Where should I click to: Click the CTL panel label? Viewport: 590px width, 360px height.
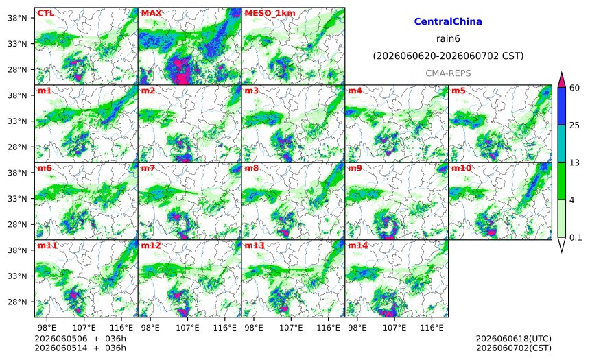pyautogui.click(x=45, y=13)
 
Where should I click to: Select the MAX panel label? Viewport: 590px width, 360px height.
pyautogui.click(x=151, y=13)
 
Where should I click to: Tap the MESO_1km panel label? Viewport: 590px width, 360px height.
pyautogui.click(x=270, y=13)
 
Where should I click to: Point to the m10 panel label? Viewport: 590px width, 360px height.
pyautogui.click(x=461, y=168)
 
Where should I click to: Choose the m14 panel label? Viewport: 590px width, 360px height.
pyautogui.click(x=357, y=245)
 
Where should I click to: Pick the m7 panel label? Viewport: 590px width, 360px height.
pyautogui.click(x=148, y=168)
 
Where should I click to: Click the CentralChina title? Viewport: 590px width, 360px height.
pyautogui.click(x=448, y=21)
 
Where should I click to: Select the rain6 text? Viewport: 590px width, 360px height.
pyautogui.click(x=448, y=39)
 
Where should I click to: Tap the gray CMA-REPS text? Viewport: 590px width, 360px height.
pyautogui.click(x=448, y=73)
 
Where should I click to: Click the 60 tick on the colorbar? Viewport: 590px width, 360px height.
pyautogui.click(x=574, y=88)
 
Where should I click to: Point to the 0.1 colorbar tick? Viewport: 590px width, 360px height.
pyautogui.click(x=576, y=237)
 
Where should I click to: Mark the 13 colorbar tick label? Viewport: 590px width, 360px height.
pyautogui.click(x=574, y=163)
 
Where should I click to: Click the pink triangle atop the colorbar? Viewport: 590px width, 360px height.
pyautogui.click(x=561, y=80)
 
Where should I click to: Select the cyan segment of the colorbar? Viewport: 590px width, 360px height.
pyautogui.click(x=561, y=144)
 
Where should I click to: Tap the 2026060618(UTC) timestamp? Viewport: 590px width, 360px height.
pyautogui.click(x=514, y=339)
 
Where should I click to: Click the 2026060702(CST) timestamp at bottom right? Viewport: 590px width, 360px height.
pyautogui.click(x=514, y=348)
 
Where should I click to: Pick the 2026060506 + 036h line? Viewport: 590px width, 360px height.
pyautogui.click(x=80, y=339)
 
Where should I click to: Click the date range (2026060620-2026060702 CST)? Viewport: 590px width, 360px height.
pyautogui.click(x=448, y=56)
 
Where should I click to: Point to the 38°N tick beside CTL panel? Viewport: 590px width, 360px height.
pyautogui.click(x=17, y=18)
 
